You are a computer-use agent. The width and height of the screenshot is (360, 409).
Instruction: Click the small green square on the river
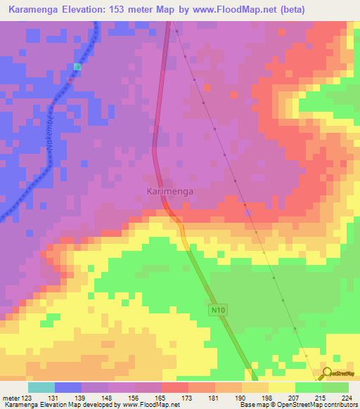(77, 67)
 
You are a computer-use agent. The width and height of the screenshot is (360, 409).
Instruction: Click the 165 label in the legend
(161, 397)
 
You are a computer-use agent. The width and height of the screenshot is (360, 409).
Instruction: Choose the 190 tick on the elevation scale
(241, 397)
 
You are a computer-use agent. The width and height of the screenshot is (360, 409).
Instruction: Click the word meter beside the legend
(10, 397)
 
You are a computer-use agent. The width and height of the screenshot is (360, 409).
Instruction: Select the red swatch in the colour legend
(175, 387)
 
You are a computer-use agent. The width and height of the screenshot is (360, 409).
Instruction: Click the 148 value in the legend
(107, 397)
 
